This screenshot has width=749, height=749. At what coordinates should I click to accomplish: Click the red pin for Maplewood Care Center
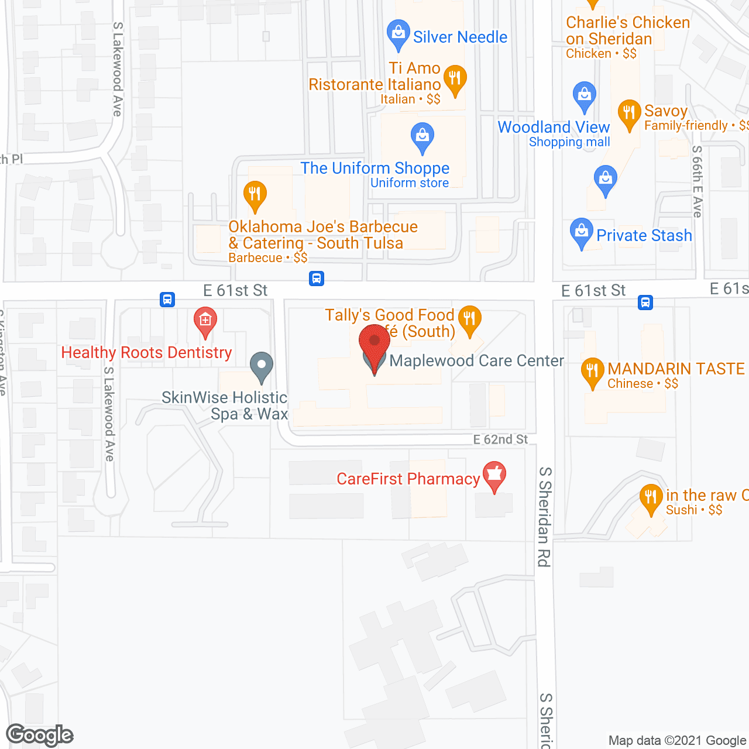pyautogui.click(x=374, y=342)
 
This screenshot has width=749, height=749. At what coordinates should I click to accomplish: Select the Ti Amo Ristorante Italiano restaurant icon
pyautogui.click(x=455, y=79)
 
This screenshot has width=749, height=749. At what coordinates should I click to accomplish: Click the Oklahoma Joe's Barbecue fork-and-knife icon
pyautogui.click(x=255, y=194)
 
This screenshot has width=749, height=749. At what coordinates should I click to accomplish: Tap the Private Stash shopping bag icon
pyautogui.click(x=581, y=232)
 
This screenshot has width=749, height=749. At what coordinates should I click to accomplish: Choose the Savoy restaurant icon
pyautogui.click(x=629, y=113)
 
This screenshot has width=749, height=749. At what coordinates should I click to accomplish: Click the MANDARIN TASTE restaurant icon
pyautogui.click(x=592, y=371)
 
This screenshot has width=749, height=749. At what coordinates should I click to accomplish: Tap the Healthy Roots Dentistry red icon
pyautogui.click(x=205, y=321)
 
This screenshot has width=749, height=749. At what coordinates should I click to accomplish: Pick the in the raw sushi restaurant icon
pyautogui.click(x=651, y=498)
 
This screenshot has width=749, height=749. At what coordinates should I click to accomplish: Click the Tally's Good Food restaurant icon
pyautogui.click(x=469, y=319)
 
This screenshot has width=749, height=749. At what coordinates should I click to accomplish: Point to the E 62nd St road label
pyautogui.click(x=500, y=439)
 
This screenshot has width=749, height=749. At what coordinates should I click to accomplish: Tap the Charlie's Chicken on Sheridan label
pyautogui.click(x=627, y=31)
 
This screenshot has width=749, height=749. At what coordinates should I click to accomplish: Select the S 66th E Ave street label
pyautogui.click(x=696, y=181)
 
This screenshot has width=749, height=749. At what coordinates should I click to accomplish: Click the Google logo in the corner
pyautogui.click(x=39, y=735)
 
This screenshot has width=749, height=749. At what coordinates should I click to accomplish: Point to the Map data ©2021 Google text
pyautogui.click(x=678, y=740)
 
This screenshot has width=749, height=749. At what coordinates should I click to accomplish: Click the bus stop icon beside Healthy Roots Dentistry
pyautogui.click(x=167, y=300)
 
